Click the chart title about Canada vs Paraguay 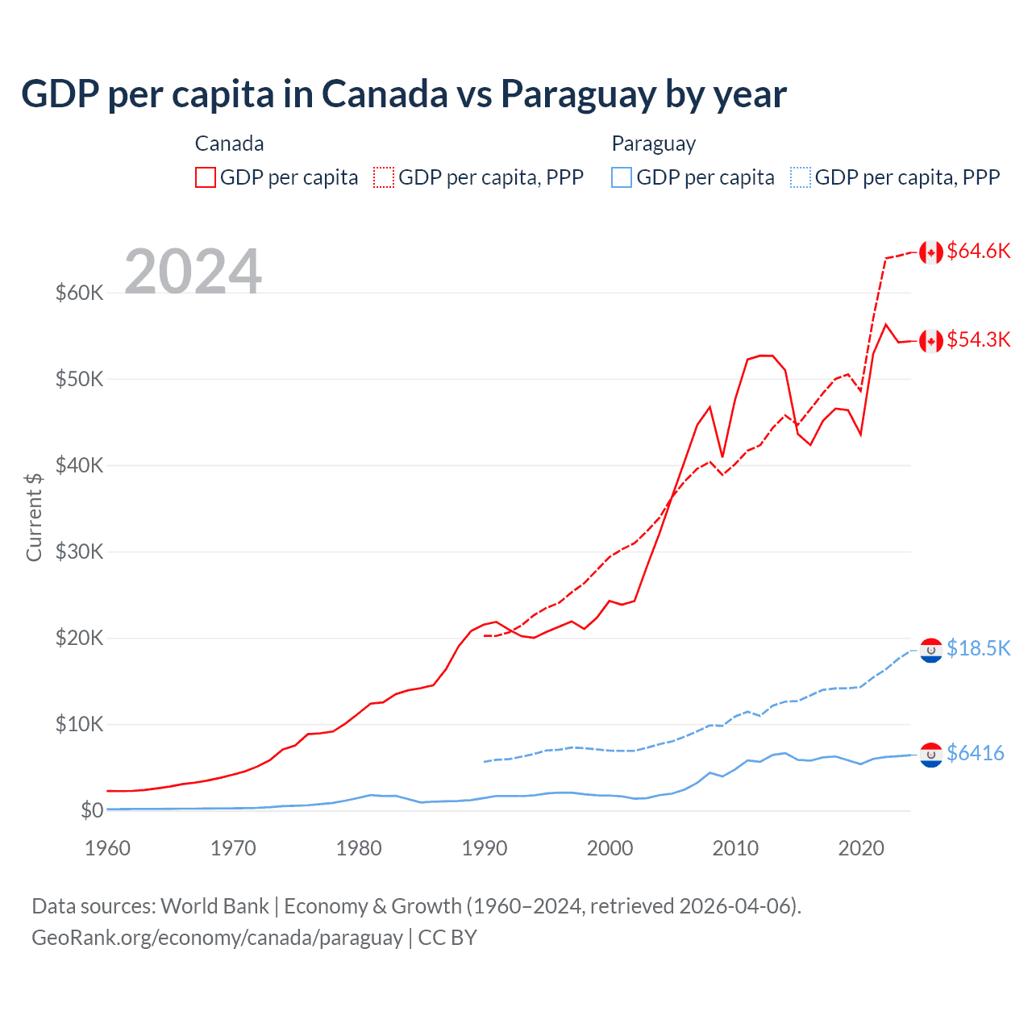pos(403,94)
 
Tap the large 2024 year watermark pos(193,272)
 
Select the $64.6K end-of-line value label pos(978,251)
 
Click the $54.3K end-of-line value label pos(978,339)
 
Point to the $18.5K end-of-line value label pos(978,648)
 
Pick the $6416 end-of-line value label pos(975,753)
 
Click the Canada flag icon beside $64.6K pos(931,252)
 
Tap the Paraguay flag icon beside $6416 pos(931,755)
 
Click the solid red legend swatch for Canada pos(206,177)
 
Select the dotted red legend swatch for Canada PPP pos(384,177)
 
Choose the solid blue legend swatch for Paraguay pos(622,177)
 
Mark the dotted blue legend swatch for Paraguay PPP pos(801,177)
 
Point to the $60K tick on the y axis pos(79,293)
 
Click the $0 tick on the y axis pos(92,810)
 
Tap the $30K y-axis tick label pos(79,551)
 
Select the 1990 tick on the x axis pos(485,848)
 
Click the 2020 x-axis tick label pos(861,848)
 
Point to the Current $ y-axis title pos(34,517)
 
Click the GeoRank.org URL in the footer pos(217,938)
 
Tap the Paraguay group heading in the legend pos(653,144)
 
